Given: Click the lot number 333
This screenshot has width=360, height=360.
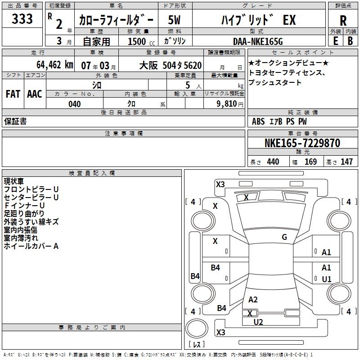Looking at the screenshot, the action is (x=22, y=19).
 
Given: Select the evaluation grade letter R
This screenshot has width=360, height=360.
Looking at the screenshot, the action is (x=343, y=21).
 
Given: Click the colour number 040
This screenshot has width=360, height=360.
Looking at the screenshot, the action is (x=74, y=104).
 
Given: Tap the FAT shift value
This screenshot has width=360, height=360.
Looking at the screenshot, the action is (x=13, y=94).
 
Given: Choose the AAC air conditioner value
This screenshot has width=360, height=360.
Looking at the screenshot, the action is (x=35, y=94).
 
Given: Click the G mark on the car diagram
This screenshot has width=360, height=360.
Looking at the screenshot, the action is (x=284, y=237).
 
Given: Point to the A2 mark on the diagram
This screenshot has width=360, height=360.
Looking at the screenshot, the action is (x=253, y=300).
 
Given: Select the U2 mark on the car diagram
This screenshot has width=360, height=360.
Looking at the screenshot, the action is (x=258, y=322).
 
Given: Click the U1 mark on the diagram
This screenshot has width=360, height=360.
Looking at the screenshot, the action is (x=327, y=279).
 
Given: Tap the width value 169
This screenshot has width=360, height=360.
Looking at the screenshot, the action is (x=310, y=162).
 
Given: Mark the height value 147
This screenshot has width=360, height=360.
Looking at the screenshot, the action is (x=346, y=162).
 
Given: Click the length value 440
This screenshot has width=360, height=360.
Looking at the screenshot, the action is (x=273, y=162).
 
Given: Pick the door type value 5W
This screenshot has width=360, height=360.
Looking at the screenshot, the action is (x=175, y=20).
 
